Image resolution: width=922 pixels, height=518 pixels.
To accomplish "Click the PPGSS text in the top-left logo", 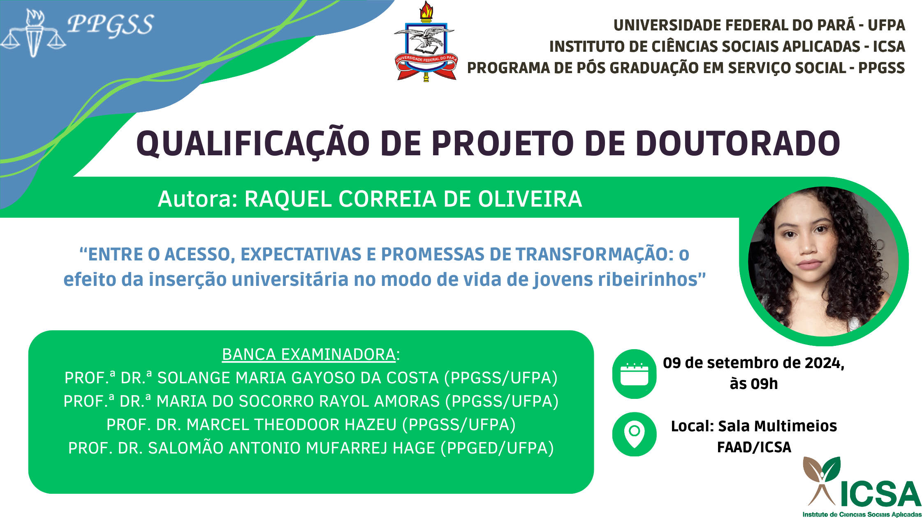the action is tap(111, 25).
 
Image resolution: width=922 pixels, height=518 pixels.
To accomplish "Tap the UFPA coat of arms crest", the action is tap(426, 41).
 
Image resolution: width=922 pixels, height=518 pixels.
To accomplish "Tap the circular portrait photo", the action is tap(823, 262).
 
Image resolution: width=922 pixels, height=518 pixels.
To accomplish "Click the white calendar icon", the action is tap(634, 374).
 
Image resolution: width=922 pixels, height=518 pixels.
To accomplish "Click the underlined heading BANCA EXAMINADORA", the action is tap(309, 355).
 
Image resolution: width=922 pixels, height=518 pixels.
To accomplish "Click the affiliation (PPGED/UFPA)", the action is tap(497, 448).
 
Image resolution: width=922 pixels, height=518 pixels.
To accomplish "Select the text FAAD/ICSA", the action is tap(754, 447).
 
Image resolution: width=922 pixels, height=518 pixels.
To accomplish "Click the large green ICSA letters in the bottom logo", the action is tap(879, 494).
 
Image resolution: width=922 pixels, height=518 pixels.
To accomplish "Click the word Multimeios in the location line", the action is tap(778, 426).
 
